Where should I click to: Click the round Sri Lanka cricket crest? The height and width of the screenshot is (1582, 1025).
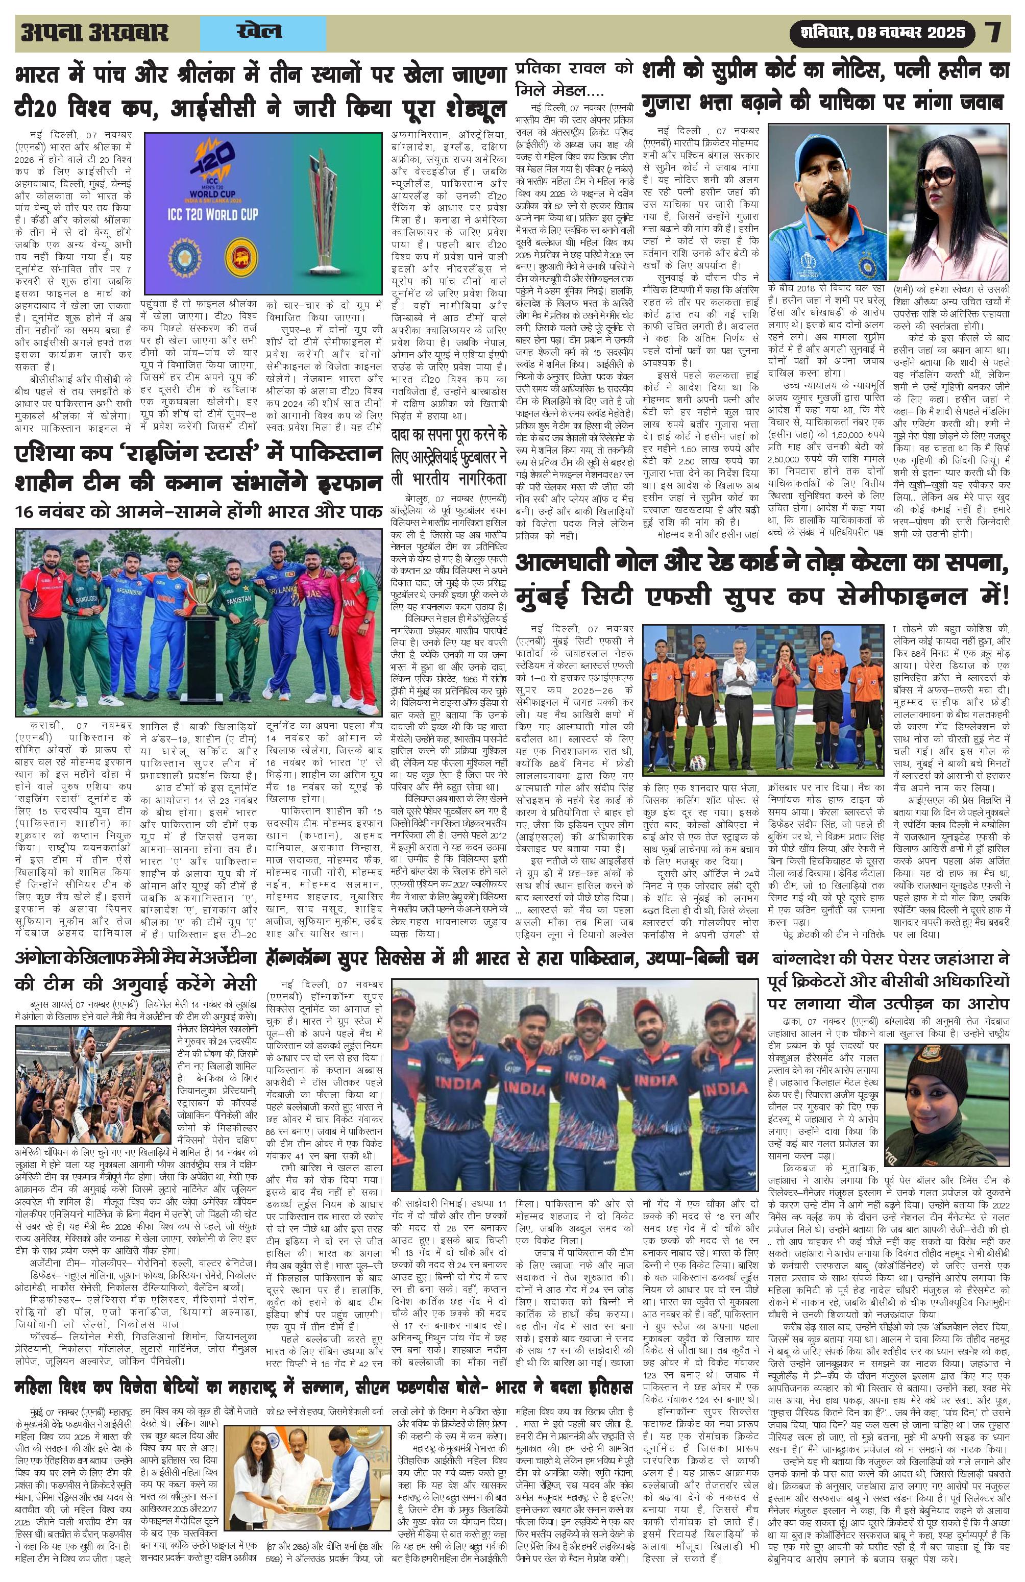tap(240, 255)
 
